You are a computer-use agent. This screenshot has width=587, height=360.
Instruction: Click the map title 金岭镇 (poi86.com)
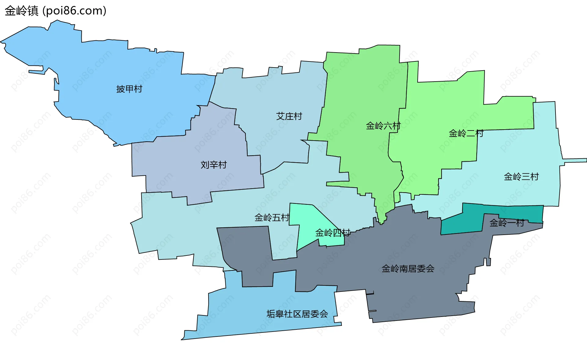click(55, 11)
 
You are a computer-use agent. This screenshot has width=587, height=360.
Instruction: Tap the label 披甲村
click(129, 89)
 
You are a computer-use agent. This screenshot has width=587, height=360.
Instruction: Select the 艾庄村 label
click(289, 116)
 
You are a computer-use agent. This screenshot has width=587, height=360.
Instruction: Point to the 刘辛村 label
click(213, 165)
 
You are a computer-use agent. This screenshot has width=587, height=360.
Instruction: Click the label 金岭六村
click(383, 126)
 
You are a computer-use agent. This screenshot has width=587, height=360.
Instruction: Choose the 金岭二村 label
click(466, 133)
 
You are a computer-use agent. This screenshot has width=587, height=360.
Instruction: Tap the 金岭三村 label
click(521, 177)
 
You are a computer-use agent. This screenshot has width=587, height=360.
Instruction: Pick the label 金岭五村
click(272, 218)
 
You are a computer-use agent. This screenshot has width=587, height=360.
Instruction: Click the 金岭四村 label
click(333, 233)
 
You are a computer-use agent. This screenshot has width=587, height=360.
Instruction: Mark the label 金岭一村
click(507, 223)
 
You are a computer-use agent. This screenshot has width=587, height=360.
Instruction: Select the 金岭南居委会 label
click(408, 269)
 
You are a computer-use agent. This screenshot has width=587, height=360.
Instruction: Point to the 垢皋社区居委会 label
click(297, 314)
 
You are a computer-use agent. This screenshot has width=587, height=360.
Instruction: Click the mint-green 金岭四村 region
click(309, 220)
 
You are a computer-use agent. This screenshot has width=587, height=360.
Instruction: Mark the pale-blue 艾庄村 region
click(275, 92)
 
